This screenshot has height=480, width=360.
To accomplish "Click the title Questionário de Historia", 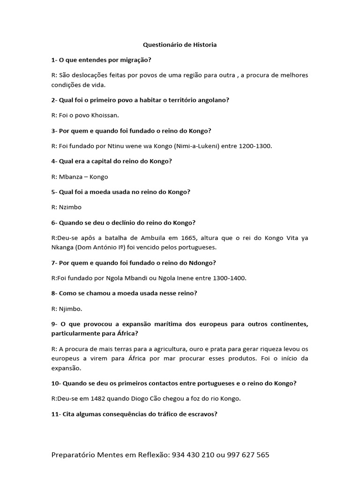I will tap(180, 45).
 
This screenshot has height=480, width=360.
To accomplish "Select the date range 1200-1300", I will tap(254, 146).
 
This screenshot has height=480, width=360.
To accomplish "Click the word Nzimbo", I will tap(70, 207).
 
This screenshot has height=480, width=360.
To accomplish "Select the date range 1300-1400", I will tap(228, 278).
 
